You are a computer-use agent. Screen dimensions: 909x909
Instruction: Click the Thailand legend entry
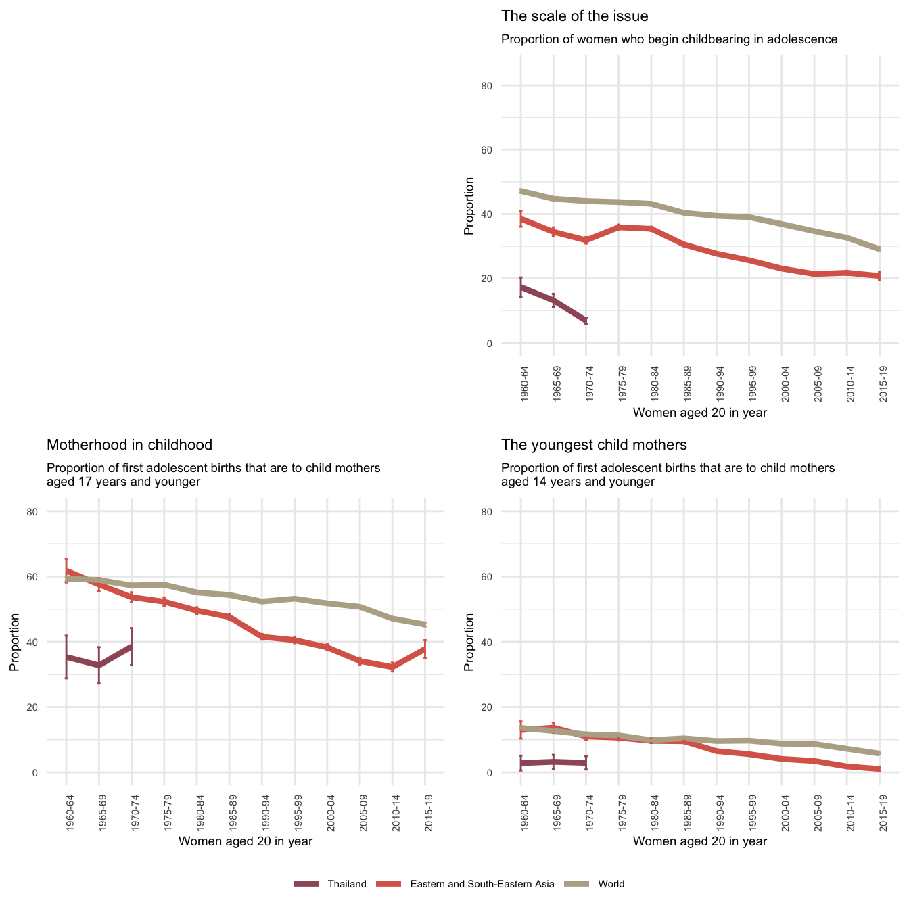click(346, 884)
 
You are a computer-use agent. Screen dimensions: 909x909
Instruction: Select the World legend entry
click(611, 884)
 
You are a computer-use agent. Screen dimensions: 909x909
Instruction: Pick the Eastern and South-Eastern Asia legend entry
click(482, 884)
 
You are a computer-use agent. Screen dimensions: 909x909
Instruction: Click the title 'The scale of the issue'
click(574, 16)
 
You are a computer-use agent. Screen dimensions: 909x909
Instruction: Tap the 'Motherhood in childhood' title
click(129, 445)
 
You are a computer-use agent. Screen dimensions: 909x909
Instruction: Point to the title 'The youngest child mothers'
click(594, 445)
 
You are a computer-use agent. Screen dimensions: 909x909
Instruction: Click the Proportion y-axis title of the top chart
click(469, 206)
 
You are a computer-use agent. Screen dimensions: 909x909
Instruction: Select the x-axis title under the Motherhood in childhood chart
click(245, 841)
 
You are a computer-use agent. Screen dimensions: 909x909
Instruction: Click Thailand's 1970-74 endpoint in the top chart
click(586, 320)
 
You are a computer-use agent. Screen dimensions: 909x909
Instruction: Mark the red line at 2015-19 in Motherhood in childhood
click(425, 648)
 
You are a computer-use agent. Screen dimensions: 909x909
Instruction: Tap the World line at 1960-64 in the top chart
click(521, 191)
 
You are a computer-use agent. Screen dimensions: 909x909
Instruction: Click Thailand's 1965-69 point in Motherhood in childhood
click(99, 666)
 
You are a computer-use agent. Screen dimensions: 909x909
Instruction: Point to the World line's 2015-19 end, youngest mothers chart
click(879, 753)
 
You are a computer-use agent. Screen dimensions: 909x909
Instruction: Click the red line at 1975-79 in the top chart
click(619, 227)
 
